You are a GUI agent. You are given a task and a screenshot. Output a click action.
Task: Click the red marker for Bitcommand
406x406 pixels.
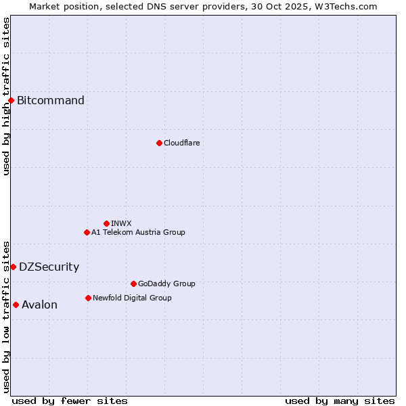click(x=11, y=101)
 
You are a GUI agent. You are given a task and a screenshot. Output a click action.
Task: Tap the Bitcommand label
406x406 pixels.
click(x=51, y=101)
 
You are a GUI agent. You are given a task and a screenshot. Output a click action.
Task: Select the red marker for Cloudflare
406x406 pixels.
click(x=159, y=143)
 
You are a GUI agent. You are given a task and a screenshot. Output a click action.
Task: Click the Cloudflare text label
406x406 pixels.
click(x=181, y=143)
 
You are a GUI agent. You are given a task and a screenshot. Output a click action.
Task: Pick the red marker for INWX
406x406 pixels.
click(x=106, y=223)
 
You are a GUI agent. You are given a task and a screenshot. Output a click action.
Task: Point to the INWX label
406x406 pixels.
click(x=121, y=223)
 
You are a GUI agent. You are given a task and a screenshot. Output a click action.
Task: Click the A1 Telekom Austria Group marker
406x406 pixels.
click(x=87, y=232)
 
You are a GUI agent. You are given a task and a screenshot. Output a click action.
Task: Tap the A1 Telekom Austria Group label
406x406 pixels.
click(x=138, y=232)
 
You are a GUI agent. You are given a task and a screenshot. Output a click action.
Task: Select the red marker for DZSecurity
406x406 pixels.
click(x=13, y=267)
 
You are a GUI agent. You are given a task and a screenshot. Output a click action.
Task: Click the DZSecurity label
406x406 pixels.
click(x=49, y=267)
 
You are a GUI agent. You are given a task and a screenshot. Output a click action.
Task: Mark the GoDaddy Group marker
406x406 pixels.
click(x=133, y=284)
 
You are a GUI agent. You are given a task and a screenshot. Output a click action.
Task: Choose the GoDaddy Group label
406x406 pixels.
click(x=166, y=284)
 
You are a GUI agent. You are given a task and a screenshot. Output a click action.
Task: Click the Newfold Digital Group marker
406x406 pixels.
click(x=88, y=298)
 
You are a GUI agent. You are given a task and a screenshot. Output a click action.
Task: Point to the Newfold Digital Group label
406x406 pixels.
click(x=132, y=298)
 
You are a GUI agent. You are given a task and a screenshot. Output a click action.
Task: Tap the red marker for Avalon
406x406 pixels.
click(x=16, y=304)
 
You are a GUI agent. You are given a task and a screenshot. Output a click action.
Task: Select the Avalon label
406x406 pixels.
click(x=39, y=304)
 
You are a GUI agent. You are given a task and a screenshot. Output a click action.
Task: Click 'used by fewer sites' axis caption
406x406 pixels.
click(x=70, y=401)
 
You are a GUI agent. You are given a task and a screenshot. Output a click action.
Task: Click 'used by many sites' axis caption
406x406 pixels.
click(x=340, y=401)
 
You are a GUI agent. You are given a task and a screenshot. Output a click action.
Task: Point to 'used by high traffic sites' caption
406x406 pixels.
click(x=6, y=96)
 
